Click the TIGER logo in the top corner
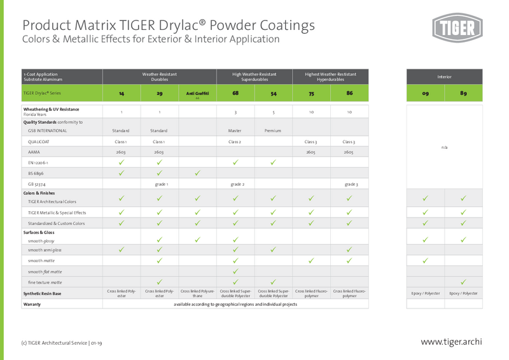click(457, 29)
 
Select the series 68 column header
click(235, 93)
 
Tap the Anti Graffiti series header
click(197, 93)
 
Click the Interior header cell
click(444, 77)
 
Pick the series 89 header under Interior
click(463, 93)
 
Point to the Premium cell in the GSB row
click(273, 130)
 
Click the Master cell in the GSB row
click(235, 130)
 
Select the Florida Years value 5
click(273, 112)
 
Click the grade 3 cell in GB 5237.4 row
click(349, 184)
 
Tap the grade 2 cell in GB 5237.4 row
click(235, 184)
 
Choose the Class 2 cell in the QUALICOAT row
click(235, 142)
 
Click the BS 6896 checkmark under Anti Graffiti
click(197, 173)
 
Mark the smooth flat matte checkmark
click(235, 272)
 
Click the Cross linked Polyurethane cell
click(197, 293)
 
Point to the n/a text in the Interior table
click(444, 148)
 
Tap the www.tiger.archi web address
click(451, 342)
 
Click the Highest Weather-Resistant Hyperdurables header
click(330, 77)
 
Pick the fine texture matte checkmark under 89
click(463, 282)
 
